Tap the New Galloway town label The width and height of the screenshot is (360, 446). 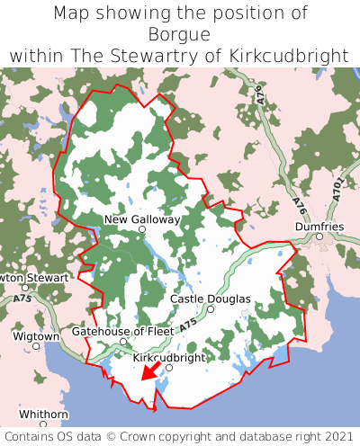pyautogui.click(x=142, y=219)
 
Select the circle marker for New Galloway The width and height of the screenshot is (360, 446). pyautogui.click(x=142, y=230)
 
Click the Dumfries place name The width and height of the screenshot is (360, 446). pyautogui.click(x=319, y=227)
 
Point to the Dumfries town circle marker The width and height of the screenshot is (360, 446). pyautogui.click(x=319, y=236)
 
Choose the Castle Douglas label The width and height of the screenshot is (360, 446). pyautogui.click(x=210, y=299)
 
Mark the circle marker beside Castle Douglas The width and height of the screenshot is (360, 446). pyautogui.click(x=211, y=309)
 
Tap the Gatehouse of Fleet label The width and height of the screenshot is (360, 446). pyautogui.click(x=122, y=331)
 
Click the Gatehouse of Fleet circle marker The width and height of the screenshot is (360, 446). pyautogui.click(x=123, y=342)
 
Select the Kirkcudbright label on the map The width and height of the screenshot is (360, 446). pyautogui.click(x=168, y=357)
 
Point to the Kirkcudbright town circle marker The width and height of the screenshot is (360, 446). pyautogui.click(x=168, y=368)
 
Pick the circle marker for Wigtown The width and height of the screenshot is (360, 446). pyautogui.click(x=36, y=345)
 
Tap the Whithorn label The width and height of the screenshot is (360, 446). pyautogui.click(x=43, y=415)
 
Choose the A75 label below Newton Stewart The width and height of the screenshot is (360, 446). pyautogui.click(x=23, y=298)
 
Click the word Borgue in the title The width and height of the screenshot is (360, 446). pyautogui.click(x=180, y=34)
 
